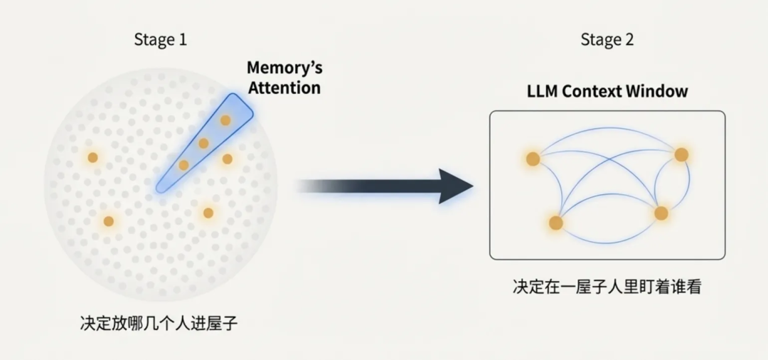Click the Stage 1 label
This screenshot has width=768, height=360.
coord(161,40)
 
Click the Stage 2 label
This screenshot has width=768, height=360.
coord(607,40)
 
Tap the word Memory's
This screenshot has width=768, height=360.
coord(284,68)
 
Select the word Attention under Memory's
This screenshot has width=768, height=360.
coord(284,88)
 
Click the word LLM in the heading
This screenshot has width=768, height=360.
coord(541,91)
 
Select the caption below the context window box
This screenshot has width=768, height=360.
coord(607,287)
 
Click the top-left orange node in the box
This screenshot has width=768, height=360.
coord(533,159)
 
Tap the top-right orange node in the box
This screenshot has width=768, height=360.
coord(681,154)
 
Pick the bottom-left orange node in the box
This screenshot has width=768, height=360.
coord(556,223)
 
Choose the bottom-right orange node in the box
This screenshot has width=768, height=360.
coord(661,213)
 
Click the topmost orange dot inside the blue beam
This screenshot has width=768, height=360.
coord(225,120)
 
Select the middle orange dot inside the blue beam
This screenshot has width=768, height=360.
coord(203,144)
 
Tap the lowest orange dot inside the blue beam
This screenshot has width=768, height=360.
coord(183,165)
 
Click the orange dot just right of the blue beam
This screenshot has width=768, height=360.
coord(228,159)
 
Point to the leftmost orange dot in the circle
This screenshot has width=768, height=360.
coord(92,157)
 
